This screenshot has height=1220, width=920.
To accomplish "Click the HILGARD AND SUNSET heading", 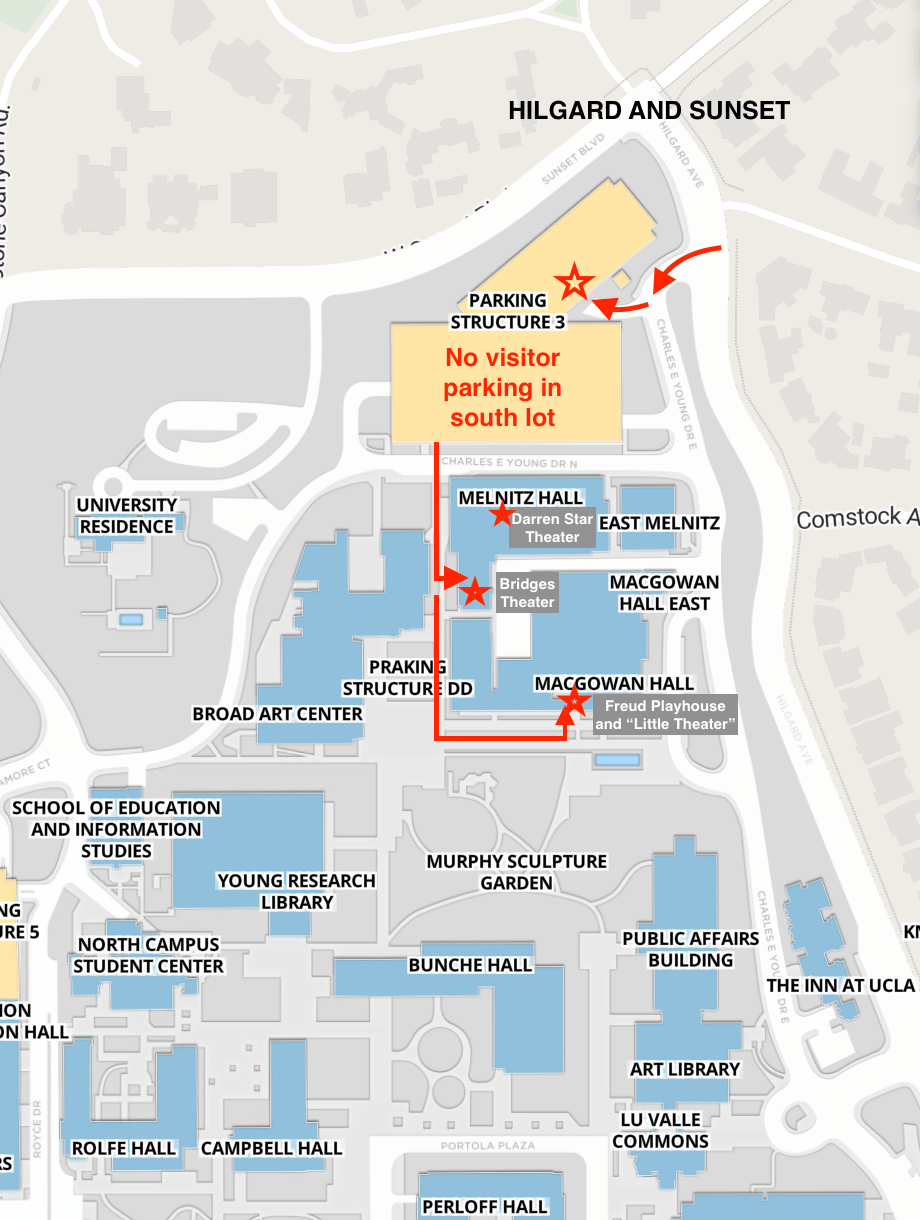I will (x=649, y=111).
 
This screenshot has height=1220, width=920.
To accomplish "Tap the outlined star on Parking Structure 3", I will (x=574, y=282).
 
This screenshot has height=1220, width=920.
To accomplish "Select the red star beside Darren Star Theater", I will (x=500, y=515).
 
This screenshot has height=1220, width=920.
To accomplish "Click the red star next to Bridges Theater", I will (x=474, y=592).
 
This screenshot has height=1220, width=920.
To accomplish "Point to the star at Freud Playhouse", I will (x=573, y=700).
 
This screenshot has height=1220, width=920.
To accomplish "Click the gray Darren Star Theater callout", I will (x=552, y=528).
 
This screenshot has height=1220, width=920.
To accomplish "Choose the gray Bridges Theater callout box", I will (x=527, y=592).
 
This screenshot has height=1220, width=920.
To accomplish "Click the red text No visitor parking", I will (x=503, y=387).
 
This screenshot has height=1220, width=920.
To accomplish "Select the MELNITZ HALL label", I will (x=520, y=498).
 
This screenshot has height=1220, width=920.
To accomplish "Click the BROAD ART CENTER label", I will (x=278, y=714).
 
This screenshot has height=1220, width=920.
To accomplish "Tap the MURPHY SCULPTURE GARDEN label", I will (x=516, y=872).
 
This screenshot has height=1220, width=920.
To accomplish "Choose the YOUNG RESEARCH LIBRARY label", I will (x=297, y=891).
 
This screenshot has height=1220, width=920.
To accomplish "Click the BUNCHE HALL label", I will (x=470, y=965).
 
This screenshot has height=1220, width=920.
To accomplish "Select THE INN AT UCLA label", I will (x=840, y=985).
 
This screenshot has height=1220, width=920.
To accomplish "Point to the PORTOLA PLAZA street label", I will (x=486, y=1146).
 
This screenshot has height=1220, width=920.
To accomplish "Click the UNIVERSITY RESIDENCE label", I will (x=127, y=516).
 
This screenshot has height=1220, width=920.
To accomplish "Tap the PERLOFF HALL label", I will (x=484, y=1207).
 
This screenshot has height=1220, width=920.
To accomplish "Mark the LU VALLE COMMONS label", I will (x=660, y=1130).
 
